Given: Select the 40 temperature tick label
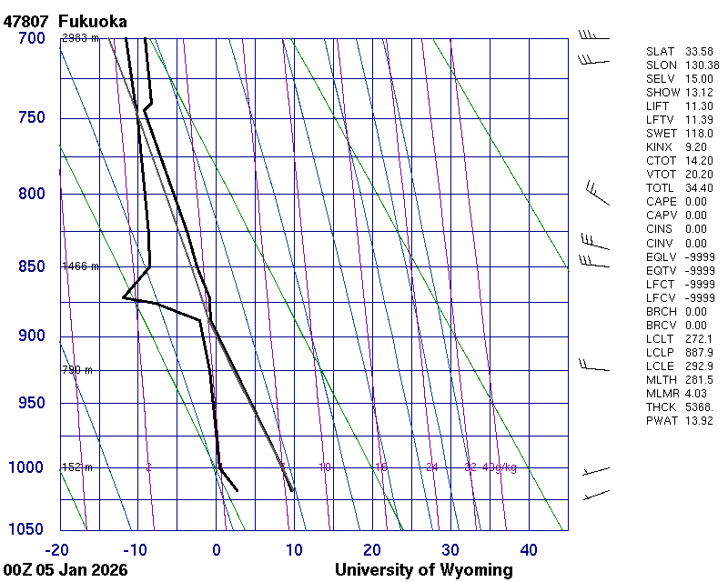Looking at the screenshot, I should [x=529, y=549].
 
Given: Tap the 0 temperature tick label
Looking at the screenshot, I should [x=216, y=549].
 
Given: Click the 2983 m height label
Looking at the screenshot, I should [x=80, y=38].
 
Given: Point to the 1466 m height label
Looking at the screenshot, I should [x=80, y=266].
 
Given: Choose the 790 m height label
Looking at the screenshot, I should [x=77, y=370].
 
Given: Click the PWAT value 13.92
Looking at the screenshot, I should [x=699, y=420].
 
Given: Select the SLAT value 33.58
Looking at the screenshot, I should [x=699, y=52].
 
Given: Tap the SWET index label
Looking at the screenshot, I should [x=662, y=134].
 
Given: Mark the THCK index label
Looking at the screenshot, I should [x=662, y=406].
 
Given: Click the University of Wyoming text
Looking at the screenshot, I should [x=423, y=570].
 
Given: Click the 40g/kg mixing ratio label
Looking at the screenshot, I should [x=500, y=467].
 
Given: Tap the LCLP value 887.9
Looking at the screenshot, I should [x=699, y=352].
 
